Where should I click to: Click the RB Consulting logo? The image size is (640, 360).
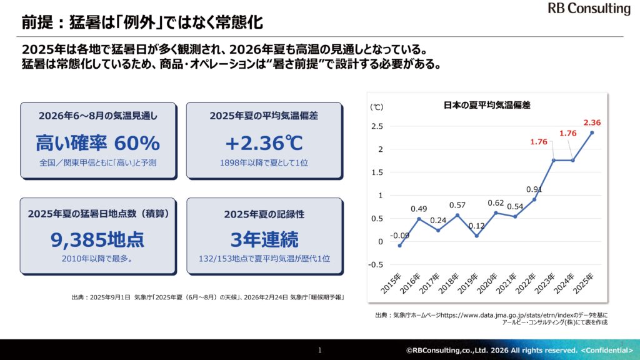(x=589, y=8)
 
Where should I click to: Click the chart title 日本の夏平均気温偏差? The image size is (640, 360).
(x=486, y=105)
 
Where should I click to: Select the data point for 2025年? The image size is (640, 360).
(x=592, y=132)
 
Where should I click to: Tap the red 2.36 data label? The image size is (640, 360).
(x=592, y=122)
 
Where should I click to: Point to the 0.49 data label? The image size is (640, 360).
(x=419, y=209)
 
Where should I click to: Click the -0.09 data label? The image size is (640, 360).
(x=399, y=236)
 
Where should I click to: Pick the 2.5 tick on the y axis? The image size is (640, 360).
(x=377, y=126)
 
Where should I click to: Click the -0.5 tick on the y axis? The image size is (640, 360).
(x=376, y=265)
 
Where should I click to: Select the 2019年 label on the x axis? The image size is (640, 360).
(x=467, y=284)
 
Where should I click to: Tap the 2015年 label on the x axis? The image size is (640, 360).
(x=391, y=284)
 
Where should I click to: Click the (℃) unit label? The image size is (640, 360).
(x=377, y=107)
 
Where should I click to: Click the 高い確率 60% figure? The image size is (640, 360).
(x=98, y=143)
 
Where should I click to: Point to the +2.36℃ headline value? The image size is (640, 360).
(x=264, y=143)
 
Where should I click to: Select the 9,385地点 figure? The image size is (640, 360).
(x=97, y=239)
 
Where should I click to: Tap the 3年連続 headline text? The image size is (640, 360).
(x=264, y=239)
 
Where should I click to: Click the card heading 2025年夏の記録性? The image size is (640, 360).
(x=264, y=214)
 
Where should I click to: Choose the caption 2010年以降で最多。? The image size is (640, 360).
(x=97, y=259)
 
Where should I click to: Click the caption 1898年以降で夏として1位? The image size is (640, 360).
(x=264, y=163)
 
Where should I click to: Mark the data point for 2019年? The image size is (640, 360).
(x=477, y=236)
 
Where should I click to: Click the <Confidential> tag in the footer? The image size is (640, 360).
(x=607, y=351)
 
